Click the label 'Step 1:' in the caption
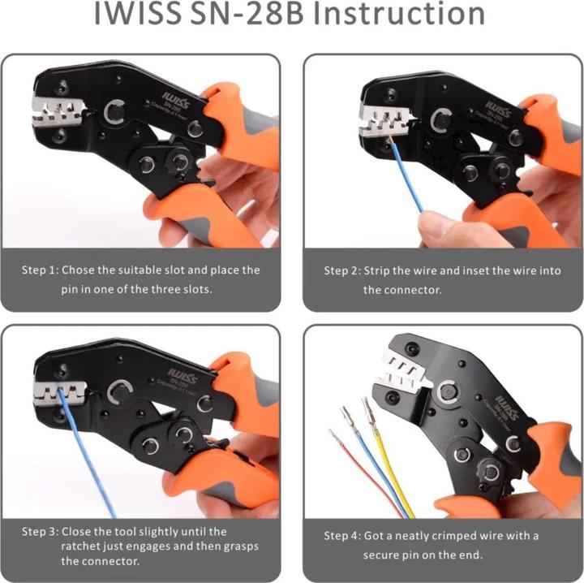coord(41,270)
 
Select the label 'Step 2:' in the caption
coord(341,270)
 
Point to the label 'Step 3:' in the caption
coord(41,532)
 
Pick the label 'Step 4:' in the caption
coord(341,536)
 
